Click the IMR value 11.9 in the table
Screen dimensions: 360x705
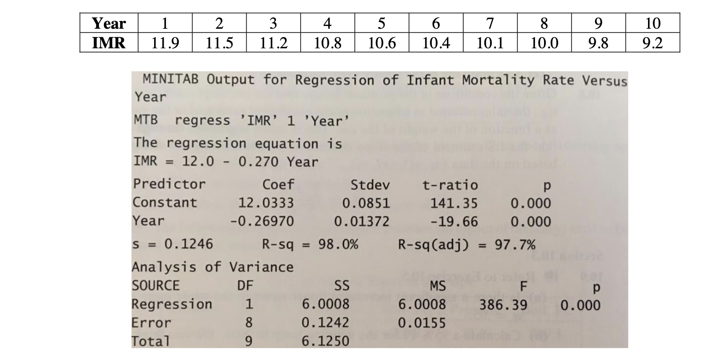(x=165, y=43)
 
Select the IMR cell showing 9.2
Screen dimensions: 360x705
(x=652, y=43)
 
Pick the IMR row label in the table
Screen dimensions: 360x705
(x=109, y=43)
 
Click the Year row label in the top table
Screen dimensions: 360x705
(x=109, y=22)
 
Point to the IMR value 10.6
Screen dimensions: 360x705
(x=382, y=43)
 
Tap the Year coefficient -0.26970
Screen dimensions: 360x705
(x=262, y=221)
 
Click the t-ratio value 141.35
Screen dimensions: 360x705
(x=454, y=203)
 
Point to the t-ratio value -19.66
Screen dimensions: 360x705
(x=454, y=221)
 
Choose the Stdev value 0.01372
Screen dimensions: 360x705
(x=362, y=221)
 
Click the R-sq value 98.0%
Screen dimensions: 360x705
(x=338, y=244)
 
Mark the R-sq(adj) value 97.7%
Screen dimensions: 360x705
(x=515, y=244)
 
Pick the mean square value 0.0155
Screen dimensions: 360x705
(x=422, y=323)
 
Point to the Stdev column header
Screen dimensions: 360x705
(x=370, y=185)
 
